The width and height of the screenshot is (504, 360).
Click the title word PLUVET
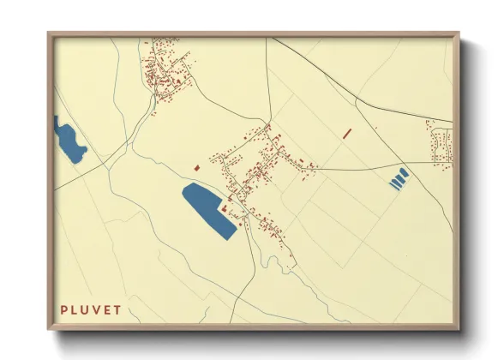click(91, 309)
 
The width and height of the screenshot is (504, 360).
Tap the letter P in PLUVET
click(64, 309)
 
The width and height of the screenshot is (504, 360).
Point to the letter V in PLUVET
click(97, 309)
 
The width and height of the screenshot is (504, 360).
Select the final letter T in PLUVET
click(117, 309)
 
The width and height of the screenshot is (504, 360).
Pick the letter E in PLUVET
click(107, 309)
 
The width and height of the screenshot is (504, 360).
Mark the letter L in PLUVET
click(75, 309)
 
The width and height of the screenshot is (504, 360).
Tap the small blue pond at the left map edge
click(69, 140)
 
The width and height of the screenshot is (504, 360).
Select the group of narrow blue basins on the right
click(399, 178)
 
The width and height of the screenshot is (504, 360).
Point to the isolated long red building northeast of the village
click(347, 133)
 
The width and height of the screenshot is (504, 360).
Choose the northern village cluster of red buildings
click(167, 69)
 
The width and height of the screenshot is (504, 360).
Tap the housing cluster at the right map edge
click(441, 144)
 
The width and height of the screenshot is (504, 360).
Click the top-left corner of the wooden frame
click(49, 34)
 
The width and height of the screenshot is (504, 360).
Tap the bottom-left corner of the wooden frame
click(49, 328)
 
